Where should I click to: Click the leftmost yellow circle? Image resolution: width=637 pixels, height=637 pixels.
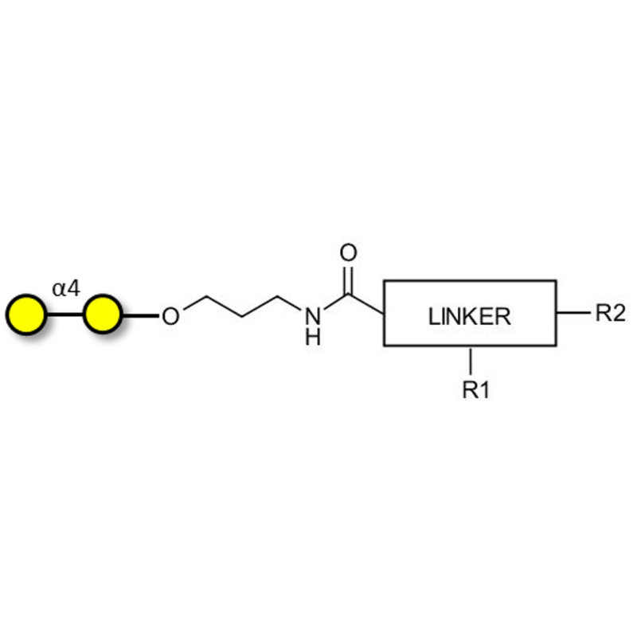tap(26, 315)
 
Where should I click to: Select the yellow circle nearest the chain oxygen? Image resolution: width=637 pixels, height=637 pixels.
tap(103, 315)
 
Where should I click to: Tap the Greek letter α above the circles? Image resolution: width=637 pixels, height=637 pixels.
tap(58, 289)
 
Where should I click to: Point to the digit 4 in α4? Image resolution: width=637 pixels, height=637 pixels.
tap(73, 288)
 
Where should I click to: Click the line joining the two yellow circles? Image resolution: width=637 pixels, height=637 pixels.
tap(65, 315)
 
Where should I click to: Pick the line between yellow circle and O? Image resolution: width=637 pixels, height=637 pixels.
tap(141, 315)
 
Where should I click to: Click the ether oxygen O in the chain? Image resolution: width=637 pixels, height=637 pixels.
tap(170, 316)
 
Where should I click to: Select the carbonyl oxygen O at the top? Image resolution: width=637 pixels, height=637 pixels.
tap(348, 252)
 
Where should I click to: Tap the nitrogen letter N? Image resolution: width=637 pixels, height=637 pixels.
tap(313, 316)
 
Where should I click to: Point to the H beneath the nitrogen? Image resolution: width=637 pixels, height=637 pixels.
tap(313, 337)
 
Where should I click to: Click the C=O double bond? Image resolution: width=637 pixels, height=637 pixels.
tap(348, 280)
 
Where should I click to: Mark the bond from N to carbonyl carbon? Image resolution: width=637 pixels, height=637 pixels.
tap(335, 302)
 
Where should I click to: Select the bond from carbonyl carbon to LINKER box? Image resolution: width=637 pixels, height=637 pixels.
tap(366, 304)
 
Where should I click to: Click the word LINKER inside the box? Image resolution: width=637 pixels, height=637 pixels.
tap(470, 317)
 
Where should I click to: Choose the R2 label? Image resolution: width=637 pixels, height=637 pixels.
tap(610, 313)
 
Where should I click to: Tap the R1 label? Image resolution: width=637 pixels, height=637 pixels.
tap(476, 389)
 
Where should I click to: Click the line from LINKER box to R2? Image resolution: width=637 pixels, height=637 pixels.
tap(573, 313)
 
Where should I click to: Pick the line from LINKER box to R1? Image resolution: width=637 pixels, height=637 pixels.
tap(471, 361)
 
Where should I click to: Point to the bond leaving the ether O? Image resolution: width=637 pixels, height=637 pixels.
tap(194, 303)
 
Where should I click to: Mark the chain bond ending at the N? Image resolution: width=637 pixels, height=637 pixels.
tap(290, 303)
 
